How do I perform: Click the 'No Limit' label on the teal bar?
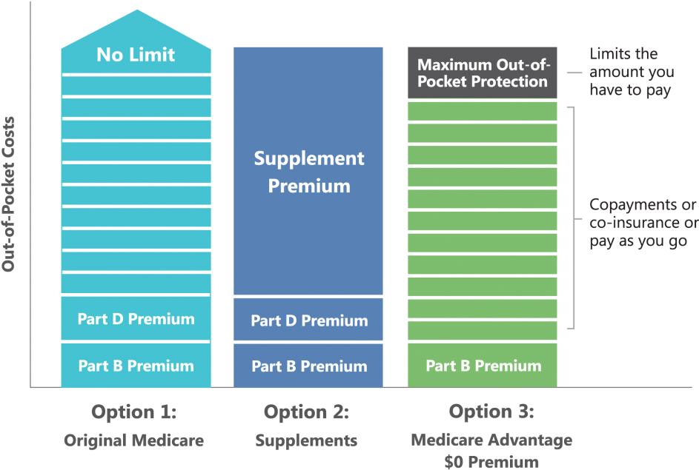coord(136,55)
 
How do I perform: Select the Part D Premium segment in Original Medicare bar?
coord(136,319)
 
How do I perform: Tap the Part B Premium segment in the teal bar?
coord(136,366)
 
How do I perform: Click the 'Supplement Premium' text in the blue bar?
coord(309,172)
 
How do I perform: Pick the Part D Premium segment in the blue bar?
coord(309,320)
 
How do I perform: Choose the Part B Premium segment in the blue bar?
coord(309,366)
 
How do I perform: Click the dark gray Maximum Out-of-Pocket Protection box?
coord(483,73)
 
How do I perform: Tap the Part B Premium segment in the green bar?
coord(483,366)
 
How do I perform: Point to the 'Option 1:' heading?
coord(134,412)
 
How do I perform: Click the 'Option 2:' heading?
coord(306,412)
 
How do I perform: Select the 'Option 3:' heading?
coord(491,412)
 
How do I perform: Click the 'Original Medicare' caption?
coord(133,440)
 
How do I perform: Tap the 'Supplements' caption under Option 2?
coord(306,440)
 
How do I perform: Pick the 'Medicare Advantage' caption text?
coord(491,440)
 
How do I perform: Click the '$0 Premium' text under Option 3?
coord(491,462)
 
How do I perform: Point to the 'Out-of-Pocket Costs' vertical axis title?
coord(10,194)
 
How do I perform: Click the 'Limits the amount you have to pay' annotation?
coord(632,73)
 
